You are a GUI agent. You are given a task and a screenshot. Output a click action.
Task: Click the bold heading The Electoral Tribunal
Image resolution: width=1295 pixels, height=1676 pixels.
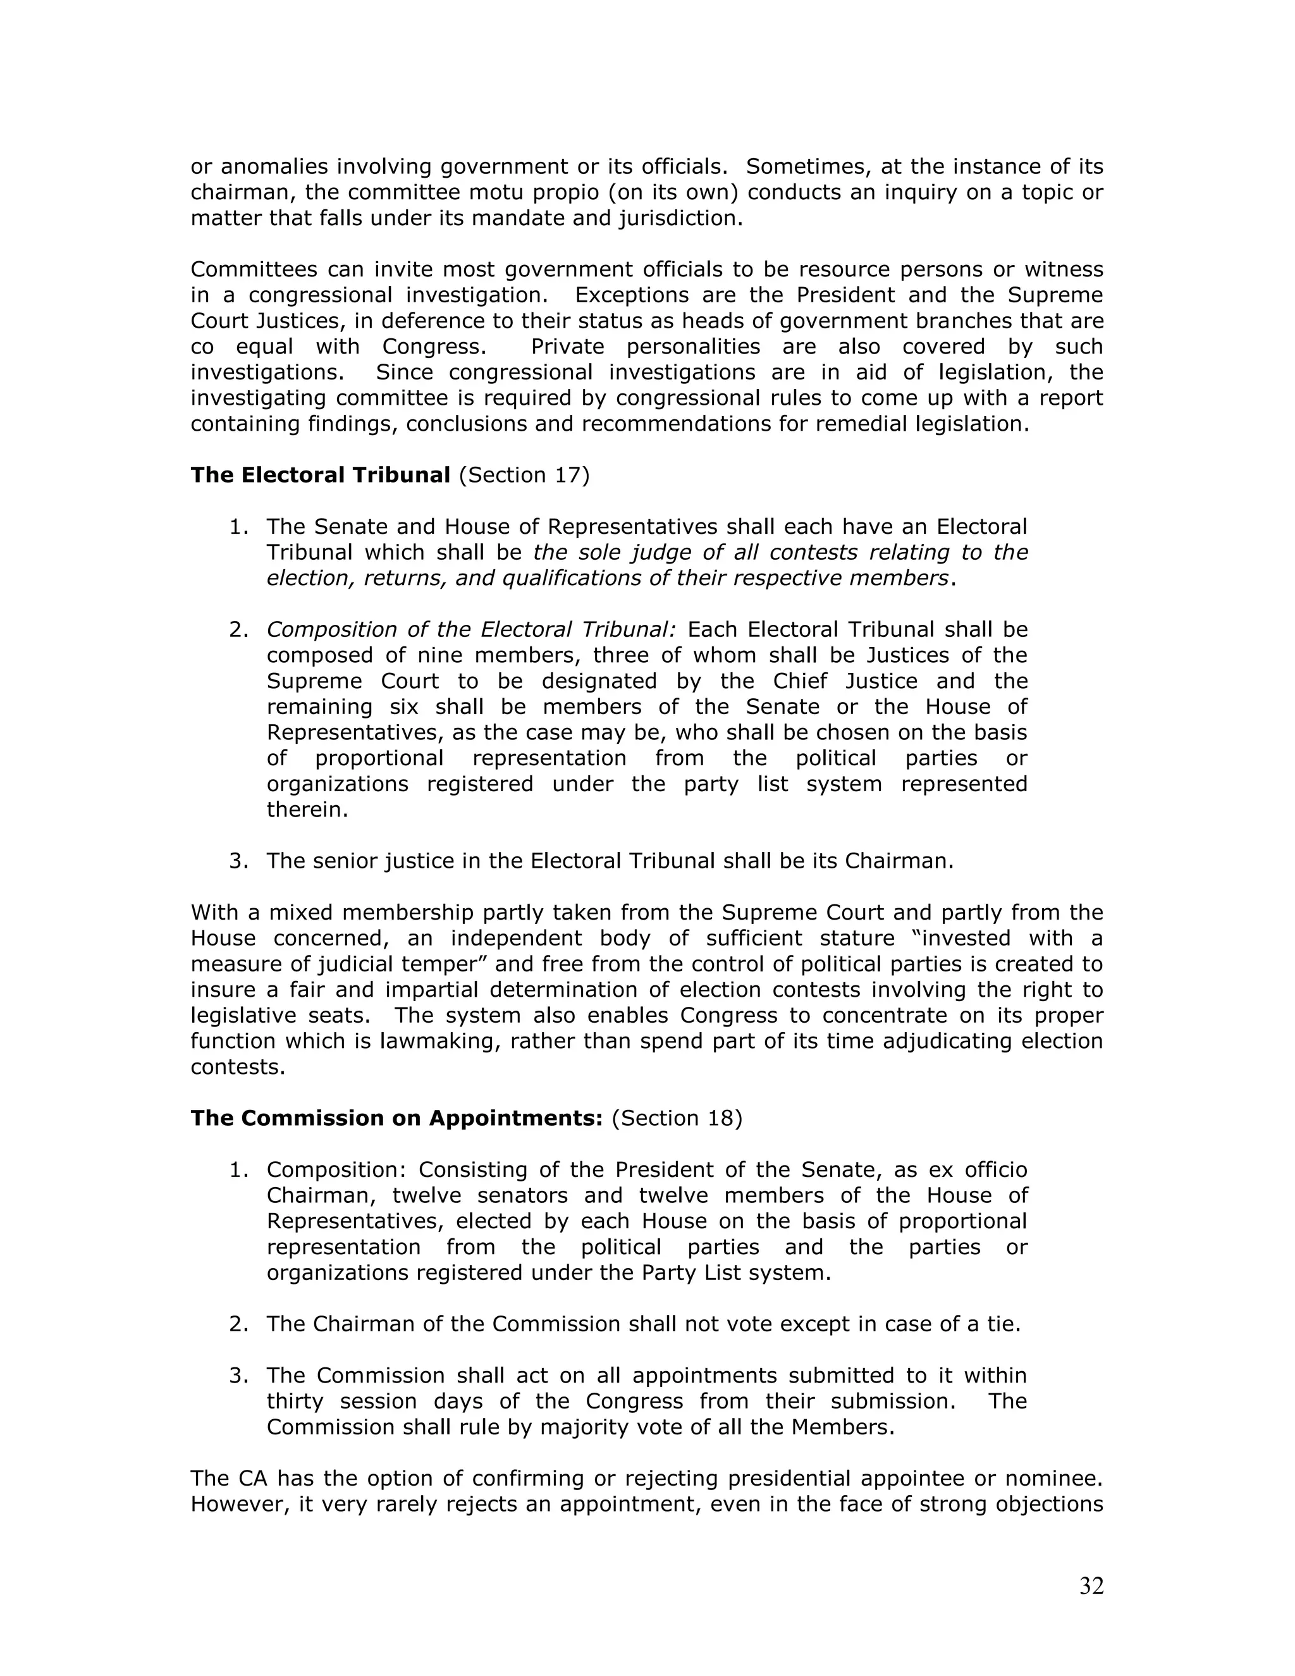click(x=320, y=475)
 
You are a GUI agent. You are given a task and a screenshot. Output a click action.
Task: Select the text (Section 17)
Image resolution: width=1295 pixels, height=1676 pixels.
click(x=524, y=475)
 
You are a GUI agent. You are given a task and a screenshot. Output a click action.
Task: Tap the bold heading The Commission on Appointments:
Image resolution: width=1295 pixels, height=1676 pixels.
click(x=396, y=1118)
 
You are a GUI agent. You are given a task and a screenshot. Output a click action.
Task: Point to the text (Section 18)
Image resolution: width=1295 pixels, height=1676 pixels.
click(x=677, y=1118)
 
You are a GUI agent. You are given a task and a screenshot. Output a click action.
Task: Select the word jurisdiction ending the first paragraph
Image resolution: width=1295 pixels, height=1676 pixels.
click(x=680, y=219)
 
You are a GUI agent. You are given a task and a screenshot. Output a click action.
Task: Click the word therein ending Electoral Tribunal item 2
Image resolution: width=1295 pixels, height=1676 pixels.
click(x=307, y=810)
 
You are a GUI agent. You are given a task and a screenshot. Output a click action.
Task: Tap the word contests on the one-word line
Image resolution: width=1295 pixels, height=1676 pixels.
click(x=237, y=1068)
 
